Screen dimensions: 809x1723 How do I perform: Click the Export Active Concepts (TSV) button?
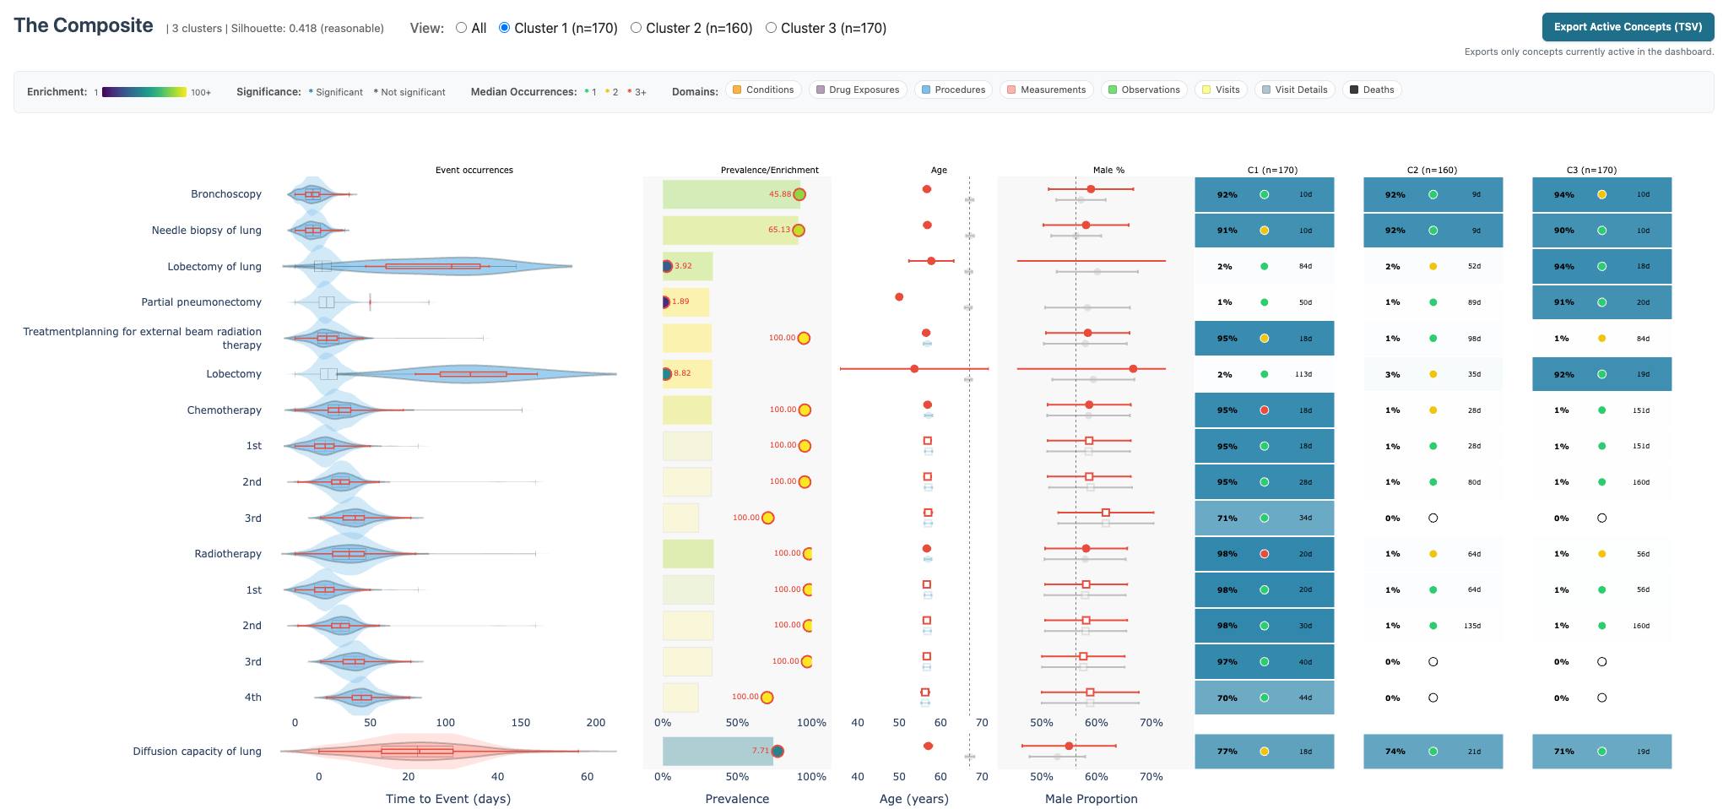pos(1627,27)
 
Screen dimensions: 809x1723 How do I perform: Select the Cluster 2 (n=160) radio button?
pos(636,28)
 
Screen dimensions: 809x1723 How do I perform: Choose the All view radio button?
pos(461,28)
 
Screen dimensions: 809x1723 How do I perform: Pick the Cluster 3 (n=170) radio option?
pos(771,28)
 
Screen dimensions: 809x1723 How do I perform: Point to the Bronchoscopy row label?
pos(225,194)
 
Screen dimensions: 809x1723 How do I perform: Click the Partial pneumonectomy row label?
pos(201,302)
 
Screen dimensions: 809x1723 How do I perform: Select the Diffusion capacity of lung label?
pos(197,752)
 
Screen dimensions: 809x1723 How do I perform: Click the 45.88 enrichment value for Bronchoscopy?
pos(779,194)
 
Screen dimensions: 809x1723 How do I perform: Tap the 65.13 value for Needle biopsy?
pos(778,230)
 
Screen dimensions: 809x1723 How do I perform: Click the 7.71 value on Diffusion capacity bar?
pos(760,751)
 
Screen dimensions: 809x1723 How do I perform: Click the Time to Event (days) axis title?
pos(447,799)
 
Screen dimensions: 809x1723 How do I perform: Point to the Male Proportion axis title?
pos(1091,799)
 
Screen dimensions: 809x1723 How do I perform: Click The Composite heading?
pos(84,25)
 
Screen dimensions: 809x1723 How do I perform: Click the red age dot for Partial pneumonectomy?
pos(899,297)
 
